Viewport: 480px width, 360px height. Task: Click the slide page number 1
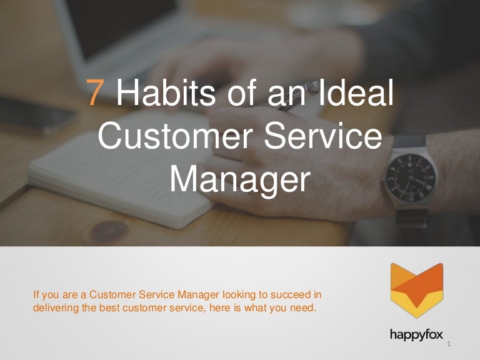click(449, 345)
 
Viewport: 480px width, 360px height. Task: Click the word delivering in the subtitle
click(52, 307)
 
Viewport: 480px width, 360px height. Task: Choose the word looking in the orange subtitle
click(238, 294)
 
